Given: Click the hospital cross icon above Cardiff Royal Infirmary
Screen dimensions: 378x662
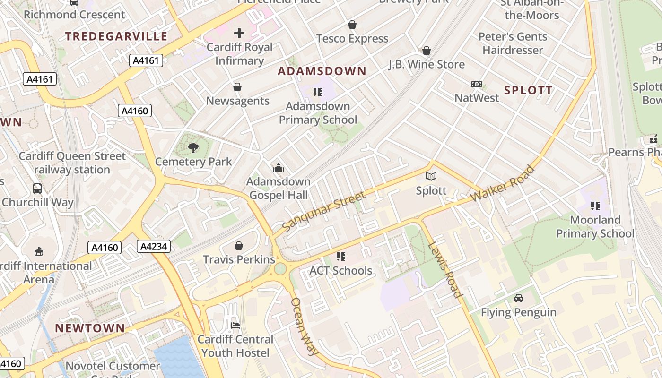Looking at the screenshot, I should tap(239, 33).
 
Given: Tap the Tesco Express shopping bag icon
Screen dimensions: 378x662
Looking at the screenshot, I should tap(352, 25).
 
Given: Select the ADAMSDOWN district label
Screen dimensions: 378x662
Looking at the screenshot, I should tap(322, 71).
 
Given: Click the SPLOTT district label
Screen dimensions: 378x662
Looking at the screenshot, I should tap(528, 91).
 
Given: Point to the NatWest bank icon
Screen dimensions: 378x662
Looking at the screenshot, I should tap(477, 84).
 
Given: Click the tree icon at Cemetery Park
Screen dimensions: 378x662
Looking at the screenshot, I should tap(193, 148).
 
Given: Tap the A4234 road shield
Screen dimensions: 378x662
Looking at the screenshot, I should tap(154, 246).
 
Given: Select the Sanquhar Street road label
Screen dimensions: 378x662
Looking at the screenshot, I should tap(324, 211).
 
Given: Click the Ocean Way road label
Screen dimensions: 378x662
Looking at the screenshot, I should tap(305, 326).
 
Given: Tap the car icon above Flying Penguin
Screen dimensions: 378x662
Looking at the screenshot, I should tap(519, 298).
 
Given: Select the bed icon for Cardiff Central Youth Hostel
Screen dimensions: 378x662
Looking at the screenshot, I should tap(235, 325).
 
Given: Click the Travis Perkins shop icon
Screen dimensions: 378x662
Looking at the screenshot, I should tap(239, 246).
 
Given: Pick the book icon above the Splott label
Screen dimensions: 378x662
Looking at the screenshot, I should tap(431, 177).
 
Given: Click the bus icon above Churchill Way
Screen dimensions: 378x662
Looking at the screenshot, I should tap(37, 188).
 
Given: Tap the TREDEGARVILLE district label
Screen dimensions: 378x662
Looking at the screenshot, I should tap(116, 36).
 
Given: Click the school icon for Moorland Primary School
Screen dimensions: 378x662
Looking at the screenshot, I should tap(595, 206).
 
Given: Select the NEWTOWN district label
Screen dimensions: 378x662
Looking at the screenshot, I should tap(90, 328).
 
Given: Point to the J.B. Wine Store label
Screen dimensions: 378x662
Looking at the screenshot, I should tap(427, 64).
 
